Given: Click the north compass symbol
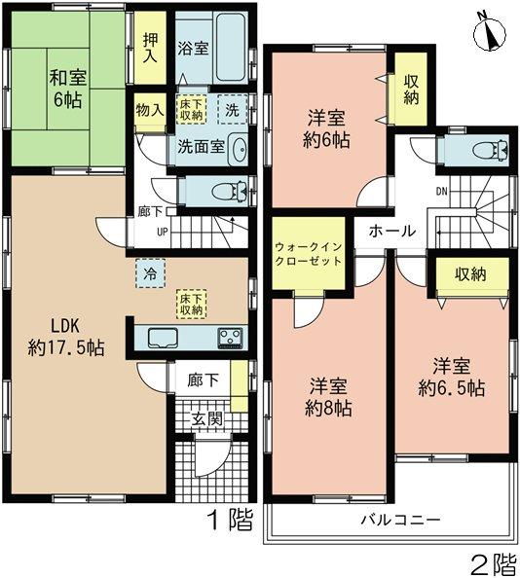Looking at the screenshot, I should pos(491,31).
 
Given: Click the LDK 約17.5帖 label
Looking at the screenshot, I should pos(66,334).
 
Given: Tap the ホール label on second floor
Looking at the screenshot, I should pos(392,232).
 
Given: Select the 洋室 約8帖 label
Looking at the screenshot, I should pos(329,395).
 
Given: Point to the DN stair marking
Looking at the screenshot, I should pos(442,191).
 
